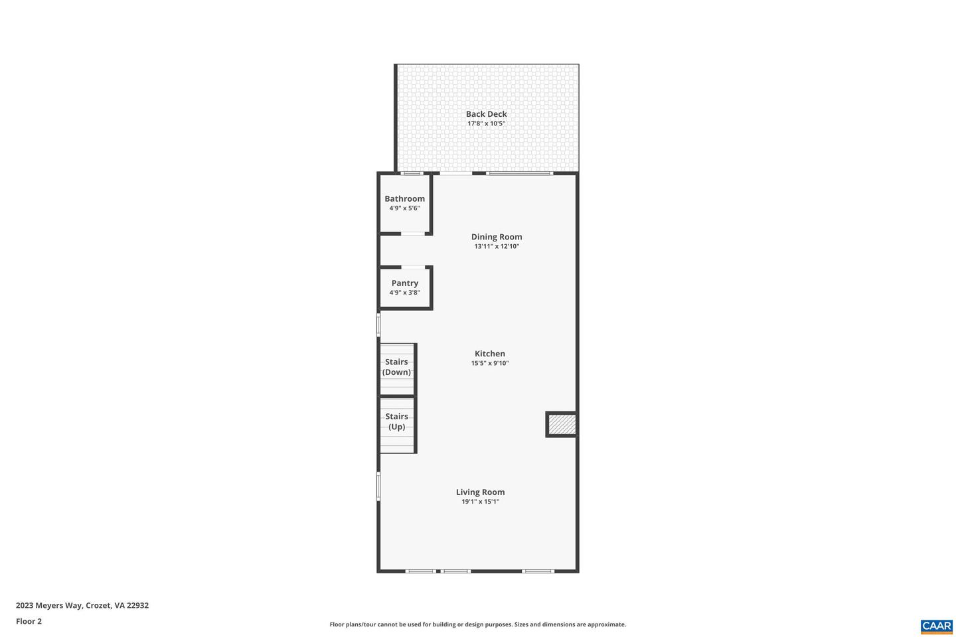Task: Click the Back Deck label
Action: tap(486, 114)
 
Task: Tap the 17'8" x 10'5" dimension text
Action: tap(486, 123)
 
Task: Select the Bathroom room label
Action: tap(404, 198)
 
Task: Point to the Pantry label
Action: tap(404, 283)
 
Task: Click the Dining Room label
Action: tap(497, 237)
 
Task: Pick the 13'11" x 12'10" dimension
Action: tap(497, 246)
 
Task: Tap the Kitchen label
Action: tap(490, 354)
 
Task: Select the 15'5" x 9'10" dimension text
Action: tap(490, 363)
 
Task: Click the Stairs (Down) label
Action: tap(396, 367)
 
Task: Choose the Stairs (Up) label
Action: tap(396, 421)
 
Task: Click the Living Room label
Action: tap(480, 492)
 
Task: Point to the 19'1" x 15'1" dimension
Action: tap(480, 502)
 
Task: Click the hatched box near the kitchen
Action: tap(562, 425)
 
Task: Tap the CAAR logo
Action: tap(936, 626)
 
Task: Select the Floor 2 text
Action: tap(29, 622)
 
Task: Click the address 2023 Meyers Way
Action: tap(82, 605)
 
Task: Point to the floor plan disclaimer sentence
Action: tap(477, 624)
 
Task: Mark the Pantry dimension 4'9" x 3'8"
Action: tap(404, 293)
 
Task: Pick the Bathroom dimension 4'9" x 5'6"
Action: tap(404, 208)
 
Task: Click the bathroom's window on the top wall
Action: tap(412, 173)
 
